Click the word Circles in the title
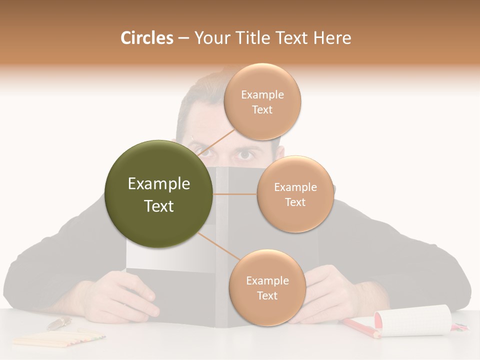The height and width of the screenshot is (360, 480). [147, 38]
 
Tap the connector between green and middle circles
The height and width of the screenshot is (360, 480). [235, 194]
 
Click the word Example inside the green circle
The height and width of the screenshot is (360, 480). [159, 184]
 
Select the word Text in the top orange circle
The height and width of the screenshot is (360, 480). [262, 110]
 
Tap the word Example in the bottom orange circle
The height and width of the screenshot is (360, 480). [267, 281]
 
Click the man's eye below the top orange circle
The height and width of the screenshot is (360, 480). [245, 154]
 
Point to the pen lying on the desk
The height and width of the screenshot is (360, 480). [59, 323]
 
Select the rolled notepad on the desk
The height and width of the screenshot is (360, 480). [412, 320]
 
